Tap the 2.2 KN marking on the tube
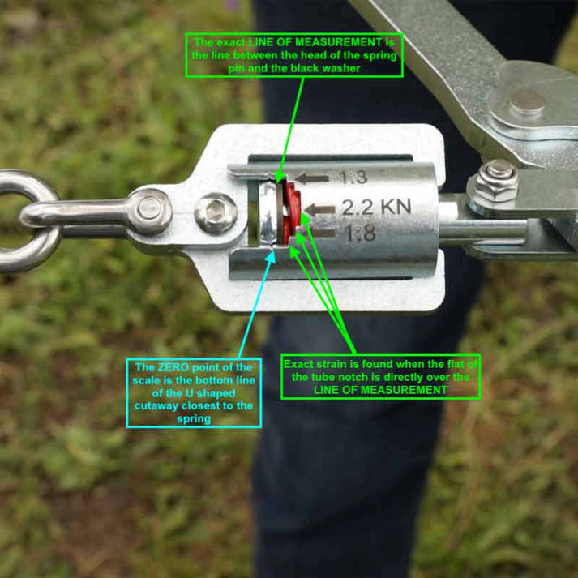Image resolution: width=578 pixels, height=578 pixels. coord(375,207)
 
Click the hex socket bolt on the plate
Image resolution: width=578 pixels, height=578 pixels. coord(216,212)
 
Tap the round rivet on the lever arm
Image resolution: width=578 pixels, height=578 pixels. coord(527,104)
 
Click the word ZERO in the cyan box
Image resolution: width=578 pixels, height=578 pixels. coord(168,368)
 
